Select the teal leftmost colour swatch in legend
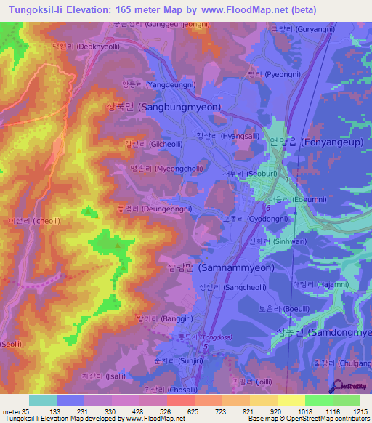pos(42,400)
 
